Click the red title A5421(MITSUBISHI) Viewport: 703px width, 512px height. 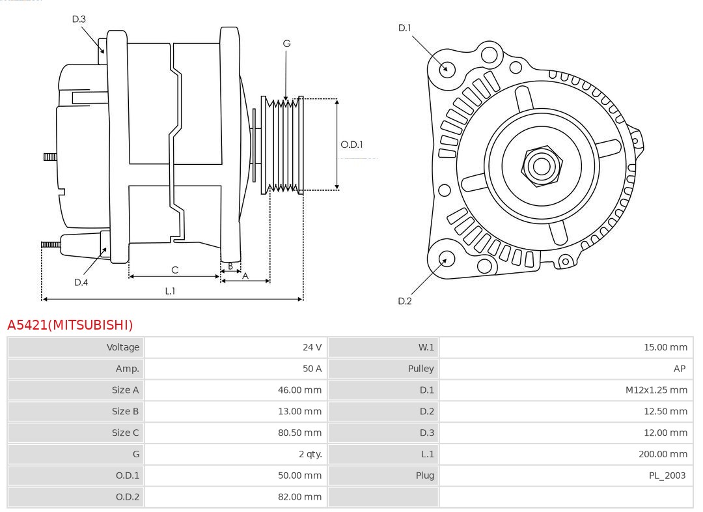click(x=70, y=324)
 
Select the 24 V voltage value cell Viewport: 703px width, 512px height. click(x=312, y=347)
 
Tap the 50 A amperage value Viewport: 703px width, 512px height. click(x=312, y=369)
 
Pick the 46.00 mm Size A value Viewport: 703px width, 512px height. click(x=299, y=390)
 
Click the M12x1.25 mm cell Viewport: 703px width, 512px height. click(x=655, y=390)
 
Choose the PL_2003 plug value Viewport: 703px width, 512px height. click(x=667, y=476)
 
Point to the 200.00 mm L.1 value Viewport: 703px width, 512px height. click(x=662, y=454)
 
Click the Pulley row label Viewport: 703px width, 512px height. click(x=420, y=369)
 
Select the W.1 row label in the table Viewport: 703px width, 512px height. click(x=426, y=347)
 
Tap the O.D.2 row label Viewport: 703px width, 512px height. click(x=128, y=496)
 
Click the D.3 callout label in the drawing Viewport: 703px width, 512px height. click(x=79, y=20)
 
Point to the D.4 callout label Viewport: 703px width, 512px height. click(x=81, y=282)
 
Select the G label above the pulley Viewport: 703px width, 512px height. click(x=286, y=44)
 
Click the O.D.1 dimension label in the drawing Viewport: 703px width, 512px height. click(x=351, y=145)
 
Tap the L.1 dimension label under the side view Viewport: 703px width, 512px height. click(x=170, y=291)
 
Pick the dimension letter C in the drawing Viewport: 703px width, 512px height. click(x=174, y=270)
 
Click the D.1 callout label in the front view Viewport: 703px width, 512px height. click(x=405, y=28)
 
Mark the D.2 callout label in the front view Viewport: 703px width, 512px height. click(x=405, y=301)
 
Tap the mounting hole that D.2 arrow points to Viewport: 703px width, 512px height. click(x=445, y=259)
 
